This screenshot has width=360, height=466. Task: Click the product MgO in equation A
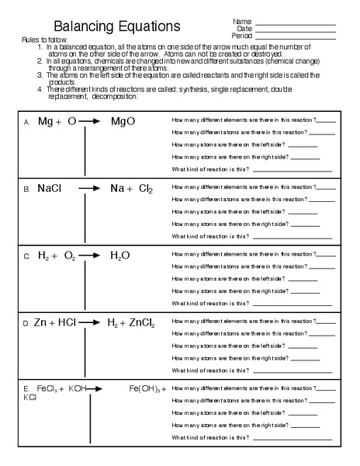tap(123, 121)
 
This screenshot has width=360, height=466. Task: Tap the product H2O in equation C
tap(120, 255)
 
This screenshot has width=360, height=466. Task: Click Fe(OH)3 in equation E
tap(144, 388)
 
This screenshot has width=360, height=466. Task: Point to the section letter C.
tap(26, 256)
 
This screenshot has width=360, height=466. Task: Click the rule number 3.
tap(40, 75)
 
